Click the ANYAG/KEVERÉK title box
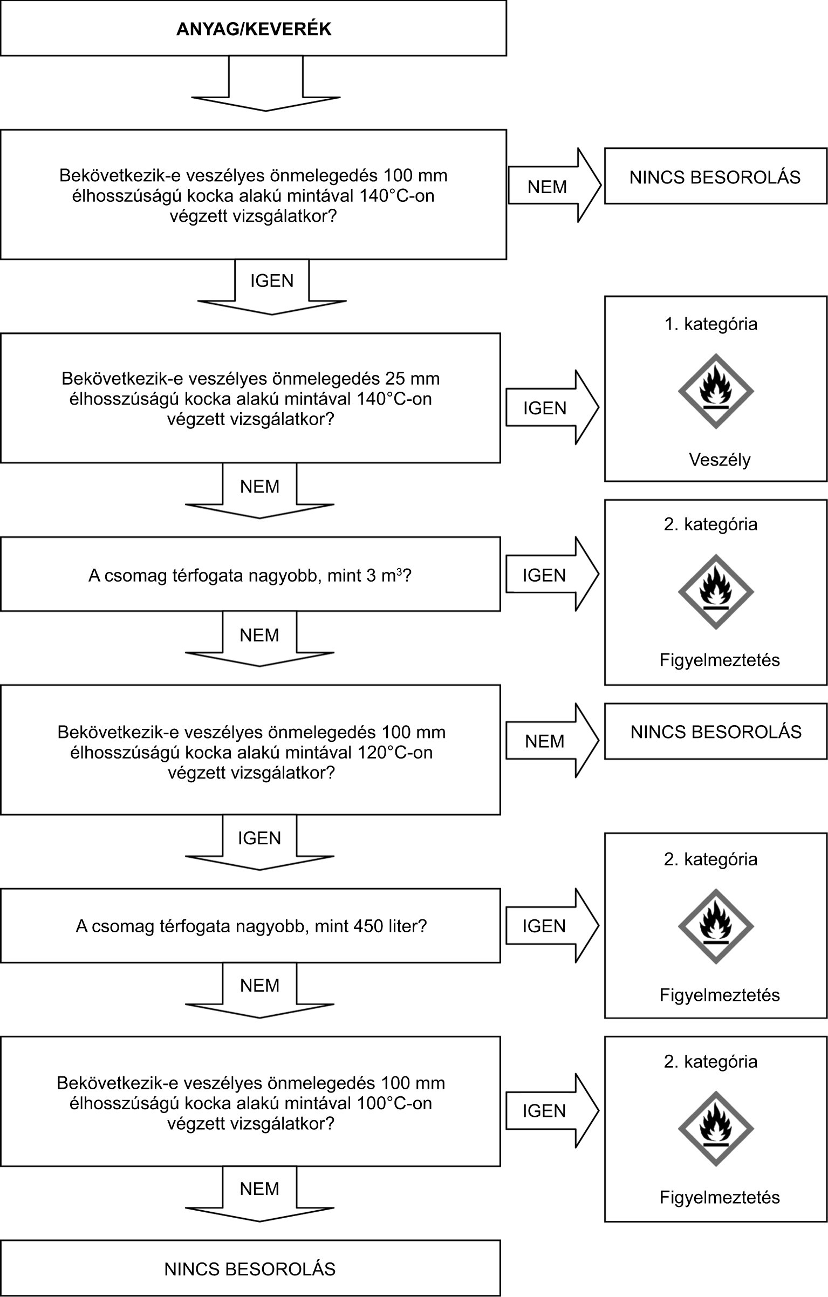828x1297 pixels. click(x=253, y=28)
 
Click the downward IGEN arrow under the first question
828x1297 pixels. click(x=272, y=286)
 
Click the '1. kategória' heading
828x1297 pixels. click(x=710, y=324)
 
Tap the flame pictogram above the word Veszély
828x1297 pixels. click(x=715, y=391)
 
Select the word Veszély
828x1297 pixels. click(x=720, y=460)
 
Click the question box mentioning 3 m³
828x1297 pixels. click(x=250, y=574)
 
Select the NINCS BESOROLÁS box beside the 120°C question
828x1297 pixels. click(x=715, y=732)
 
